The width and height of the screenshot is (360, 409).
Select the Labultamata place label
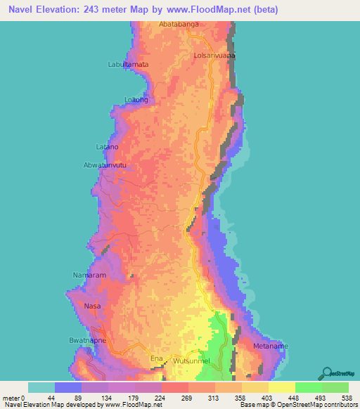pyautogui.click(x=128, y=64)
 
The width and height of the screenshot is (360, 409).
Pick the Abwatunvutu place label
pyautogui.click(x=104, y=166)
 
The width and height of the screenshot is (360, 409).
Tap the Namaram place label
pyautogui.click(x=89, y=275)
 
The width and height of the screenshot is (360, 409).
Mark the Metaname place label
pyautogui.click(x=271, y=346)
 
